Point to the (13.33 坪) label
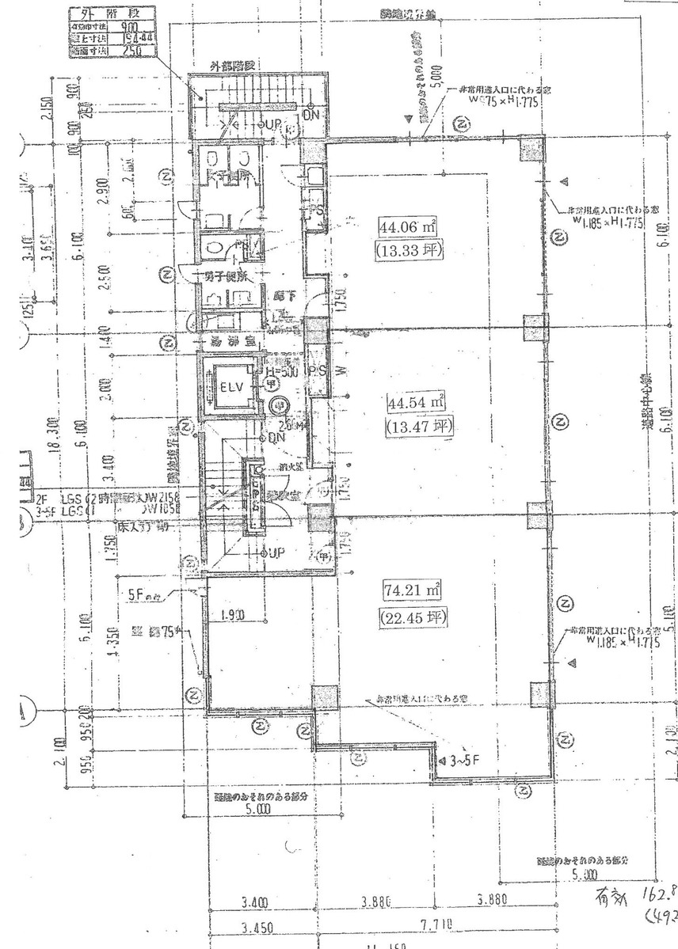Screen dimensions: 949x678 tap(409, 252)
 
